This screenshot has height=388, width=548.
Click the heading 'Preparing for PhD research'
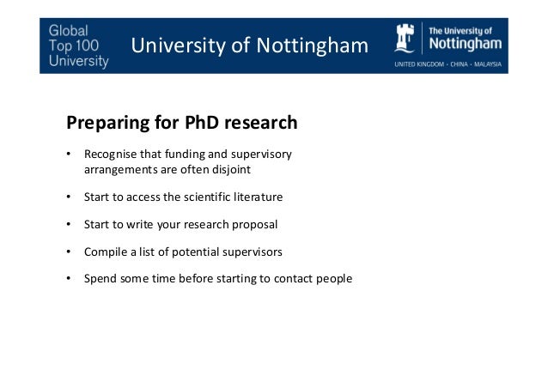point(176,123)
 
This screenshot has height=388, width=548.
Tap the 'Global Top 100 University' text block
point(78,44)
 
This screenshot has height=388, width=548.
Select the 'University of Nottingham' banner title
point(248,45)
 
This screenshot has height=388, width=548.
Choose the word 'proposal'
point(255,225)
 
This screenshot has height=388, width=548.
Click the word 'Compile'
point(105,252)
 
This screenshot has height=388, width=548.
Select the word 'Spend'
point(100,280)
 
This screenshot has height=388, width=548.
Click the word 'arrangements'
point(119,169)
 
